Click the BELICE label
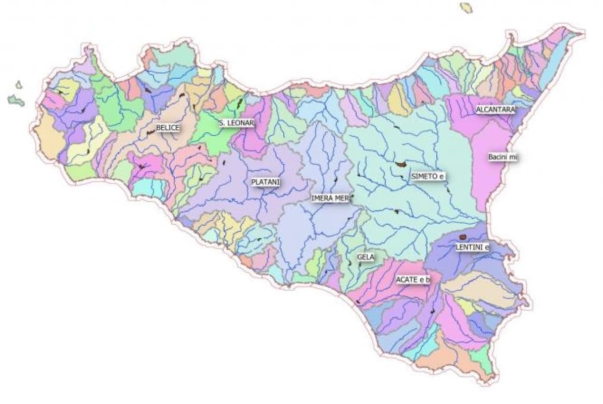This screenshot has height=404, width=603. tap(167, 128)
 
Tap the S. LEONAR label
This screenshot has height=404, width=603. tap(236, 123)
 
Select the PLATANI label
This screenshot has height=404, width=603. tap(265, 182)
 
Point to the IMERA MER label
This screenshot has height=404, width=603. tap(330, 198)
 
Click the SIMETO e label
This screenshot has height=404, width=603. tap(429, 176)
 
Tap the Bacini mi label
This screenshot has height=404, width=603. tap(502, 158)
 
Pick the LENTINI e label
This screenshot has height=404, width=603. tap(472, 247)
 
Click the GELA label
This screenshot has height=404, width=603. tap(365, 257)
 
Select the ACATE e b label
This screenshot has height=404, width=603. tap(413, 280)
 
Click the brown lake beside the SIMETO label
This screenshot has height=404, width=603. tap(402, 164)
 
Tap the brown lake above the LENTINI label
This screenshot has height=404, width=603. tap(462, 237)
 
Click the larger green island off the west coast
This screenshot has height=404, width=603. tap(16, 100)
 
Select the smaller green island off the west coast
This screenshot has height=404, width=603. tap(19, 85)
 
